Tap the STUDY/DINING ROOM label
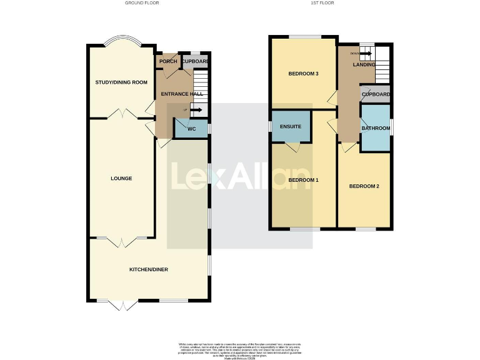[121, 82]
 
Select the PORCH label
[167, 61]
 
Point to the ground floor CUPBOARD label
[195, 61]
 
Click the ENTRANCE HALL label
[182, 94]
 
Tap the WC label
[192, 129]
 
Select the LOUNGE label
[121, 178]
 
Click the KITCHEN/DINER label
[149, 269]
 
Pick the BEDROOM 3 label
[303, 74]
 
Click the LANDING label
[364, 64]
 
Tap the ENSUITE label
[291, 127]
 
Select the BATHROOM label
[376, 128]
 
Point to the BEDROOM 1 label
[303, 180]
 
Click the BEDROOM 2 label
[364, 186]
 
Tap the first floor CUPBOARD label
[376, 94]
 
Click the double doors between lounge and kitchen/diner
[121, 240]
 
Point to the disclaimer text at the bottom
[239, 349]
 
